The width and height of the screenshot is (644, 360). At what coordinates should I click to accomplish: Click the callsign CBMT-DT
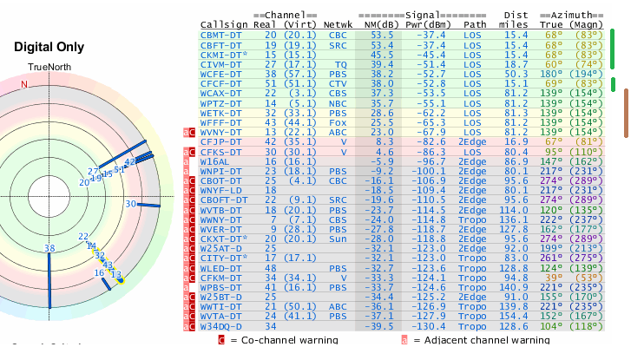coord(220,34)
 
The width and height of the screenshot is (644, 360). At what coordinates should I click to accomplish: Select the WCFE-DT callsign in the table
coord(220,74)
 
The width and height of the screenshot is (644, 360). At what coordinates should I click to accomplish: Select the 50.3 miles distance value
coord(516,74)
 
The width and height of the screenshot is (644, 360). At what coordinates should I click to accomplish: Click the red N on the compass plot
coord(24,84)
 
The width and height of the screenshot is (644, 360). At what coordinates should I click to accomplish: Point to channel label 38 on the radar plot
coord(49,248)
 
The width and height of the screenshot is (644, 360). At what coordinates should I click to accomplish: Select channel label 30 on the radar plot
coord(130,204)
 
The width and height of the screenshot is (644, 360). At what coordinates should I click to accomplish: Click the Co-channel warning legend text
coord(283,340)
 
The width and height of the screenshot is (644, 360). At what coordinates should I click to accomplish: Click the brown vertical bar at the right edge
coord(626,113)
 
